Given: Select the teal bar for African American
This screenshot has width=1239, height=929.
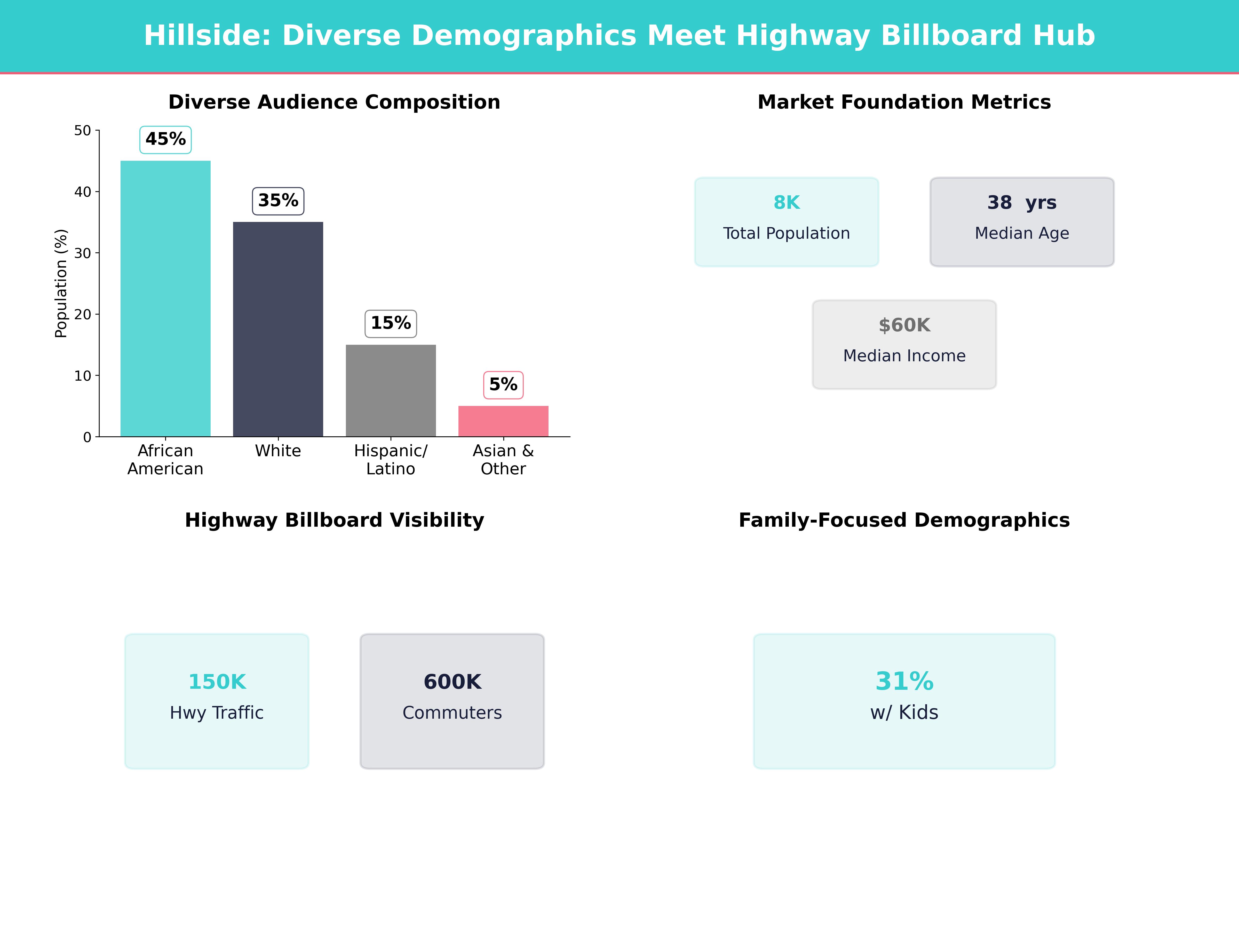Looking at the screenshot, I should [x=165, y=299].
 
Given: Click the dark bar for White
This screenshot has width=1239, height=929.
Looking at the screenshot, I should [x=278, y=329].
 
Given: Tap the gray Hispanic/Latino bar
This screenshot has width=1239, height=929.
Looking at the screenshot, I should [x=390, y=390].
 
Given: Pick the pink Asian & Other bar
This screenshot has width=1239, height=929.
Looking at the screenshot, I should [x=503, y=421].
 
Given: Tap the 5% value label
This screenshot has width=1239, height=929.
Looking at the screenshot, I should [x=503, y=385].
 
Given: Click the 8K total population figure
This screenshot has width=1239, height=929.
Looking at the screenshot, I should [x=787, y=203].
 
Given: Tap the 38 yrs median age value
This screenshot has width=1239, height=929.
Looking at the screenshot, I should [x=1022, y=203].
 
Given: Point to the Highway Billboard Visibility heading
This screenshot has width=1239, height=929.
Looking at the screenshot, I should [x=334, y=520].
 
